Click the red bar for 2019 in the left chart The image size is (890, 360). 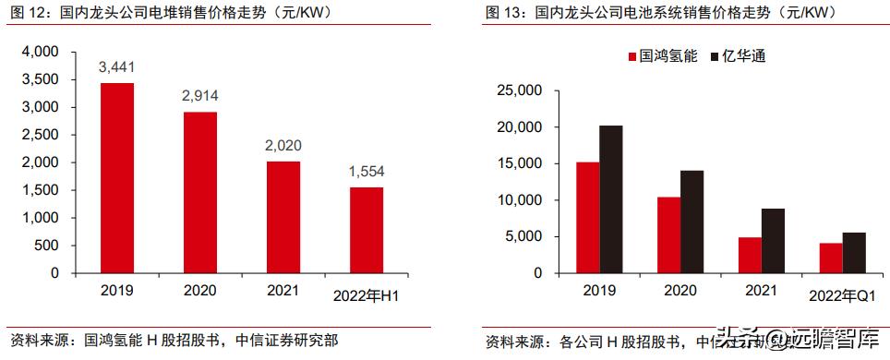click(x=117, y=178)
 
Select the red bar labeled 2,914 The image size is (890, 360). click(x=200, y=193)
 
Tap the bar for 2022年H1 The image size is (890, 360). click(x=367, y=230)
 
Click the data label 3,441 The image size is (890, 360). click(x=117, y=67)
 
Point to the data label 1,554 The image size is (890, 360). click(x=367, y=173)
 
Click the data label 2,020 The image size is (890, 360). click(x=283, y=146)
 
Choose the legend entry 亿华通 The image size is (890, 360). click(x=739, y=56)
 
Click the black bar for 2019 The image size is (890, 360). click(x=610, y=199)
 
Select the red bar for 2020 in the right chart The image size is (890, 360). click(x=668, y=235)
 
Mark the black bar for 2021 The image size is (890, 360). click(x=773, y=241)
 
